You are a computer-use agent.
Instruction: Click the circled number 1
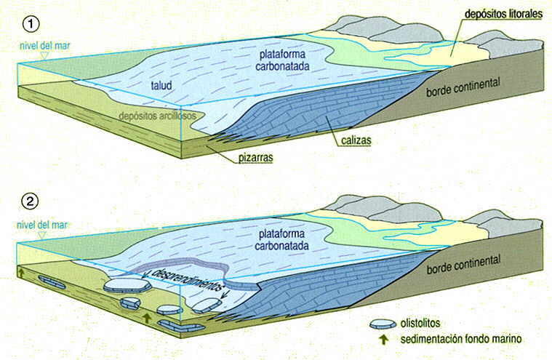30,23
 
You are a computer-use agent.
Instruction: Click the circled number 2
30,200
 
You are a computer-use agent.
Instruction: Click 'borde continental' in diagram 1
463,85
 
